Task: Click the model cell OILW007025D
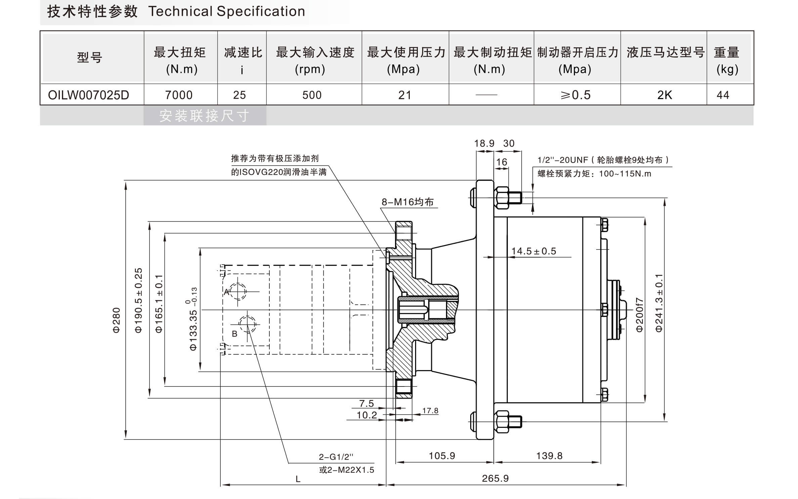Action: (x=88, y=95)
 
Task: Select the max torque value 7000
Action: (x=179, y=95)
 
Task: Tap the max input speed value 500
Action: (x=312, y=95)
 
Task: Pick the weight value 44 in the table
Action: (x=723, y=95)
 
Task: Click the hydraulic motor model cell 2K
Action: (x=664, y=95)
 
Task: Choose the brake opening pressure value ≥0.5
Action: (x=575, y=95)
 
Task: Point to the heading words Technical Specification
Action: (x=227, y=11)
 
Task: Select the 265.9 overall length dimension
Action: (x=495, y=478)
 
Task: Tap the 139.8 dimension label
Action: (x=549, y=456)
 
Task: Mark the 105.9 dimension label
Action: (x=442, y=456)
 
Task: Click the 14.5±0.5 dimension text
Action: (x=533, y=251)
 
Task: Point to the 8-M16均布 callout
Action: (x=407, y=202)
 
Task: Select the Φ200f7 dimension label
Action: (x=639, y=315)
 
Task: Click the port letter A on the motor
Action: (x=227, y=292)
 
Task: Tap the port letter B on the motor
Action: (x=235, y=334)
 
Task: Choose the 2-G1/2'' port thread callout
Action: (x=336, y=457)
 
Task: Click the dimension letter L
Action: (x=298, y=479)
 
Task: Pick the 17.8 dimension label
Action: (x=430, y=411)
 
